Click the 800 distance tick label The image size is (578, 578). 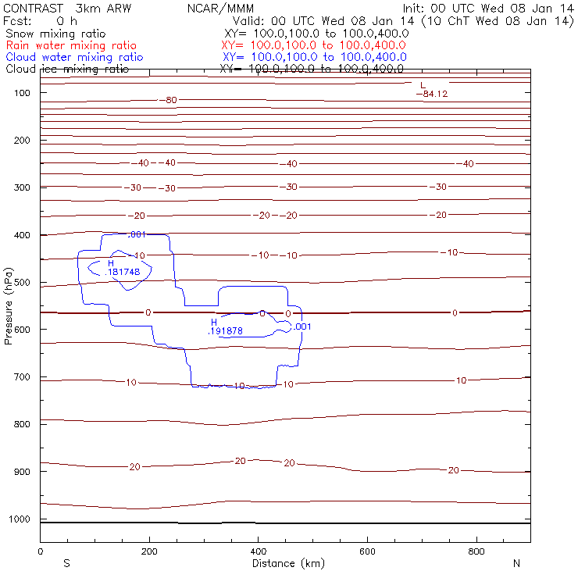(x=476, y=552)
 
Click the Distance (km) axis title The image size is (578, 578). (x=288, y=563)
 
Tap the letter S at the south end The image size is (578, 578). (x=66, y=563)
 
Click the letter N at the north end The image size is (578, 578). (x=516, y=563)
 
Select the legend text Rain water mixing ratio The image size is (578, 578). (x=71, y=45)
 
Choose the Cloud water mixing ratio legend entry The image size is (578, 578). (x=74, y=57)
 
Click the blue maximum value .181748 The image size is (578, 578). (x=122, y=272)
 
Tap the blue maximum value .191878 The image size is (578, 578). (x=225, y=330)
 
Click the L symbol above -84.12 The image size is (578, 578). (x=423, y=85)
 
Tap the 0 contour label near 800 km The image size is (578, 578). (x=455, y=312)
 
